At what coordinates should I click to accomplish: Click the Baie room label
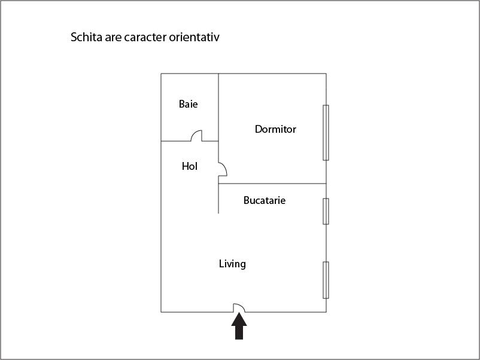(x=189, y=104)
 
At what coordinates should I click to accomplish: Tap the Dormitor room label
(x=275, y=129)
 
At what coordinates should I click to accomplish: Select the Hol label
(x=190, y=166)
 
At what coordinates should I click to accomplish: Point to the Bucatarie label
(x=265, y=200)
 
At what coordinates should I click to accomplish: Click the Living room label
(x=232, y=264)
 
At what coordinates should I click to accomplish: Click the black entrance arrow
(x=239, y=326)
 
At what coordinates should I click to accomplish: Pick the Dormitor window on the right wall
(x=326, y=133)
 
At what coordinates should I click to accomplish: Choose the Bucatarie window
(x=326, y=211)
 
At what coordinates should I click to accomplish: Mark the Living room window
(x=326, y=280)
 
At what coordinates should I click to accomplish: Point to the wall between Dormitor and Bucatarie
(x=272, y=184)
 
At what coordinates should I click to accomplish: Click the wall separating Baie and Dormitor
(x=218, y=107)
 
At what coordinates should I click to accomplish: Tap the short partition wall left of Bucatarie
(x=218, y=199)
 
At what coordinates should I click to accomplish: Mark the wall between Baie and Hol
(x=176, y=141)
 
